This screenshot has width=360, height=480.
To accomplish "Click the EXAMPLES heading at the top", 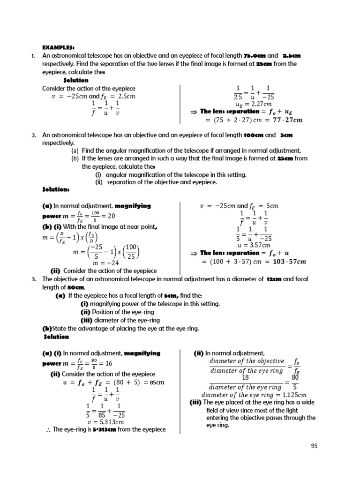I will tap(59, 47).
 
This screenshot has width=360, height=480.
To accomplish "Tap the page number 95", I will tap(314, 446).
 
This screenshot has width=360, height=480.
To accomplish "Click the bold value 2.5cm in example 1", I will tap(291, 56).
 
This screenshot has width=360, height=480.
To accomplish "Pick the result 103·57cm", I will tap(287, 261).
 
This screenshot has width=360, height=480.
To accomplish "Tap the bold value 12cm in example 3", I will tap(274, 279).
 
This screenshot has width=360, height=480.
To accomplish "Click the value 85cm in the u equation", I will tap(157, 382).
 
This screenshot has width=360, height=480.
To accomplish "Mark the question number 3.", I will tap(34, 279).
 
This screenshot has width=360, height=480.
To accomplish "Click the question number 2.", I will tap(34, 135).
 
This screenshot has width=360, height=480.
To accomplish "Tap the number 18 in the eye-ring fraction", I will tap(245, 378).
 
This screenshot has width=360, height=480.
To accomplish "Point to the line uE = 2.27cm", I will tap(254, 104).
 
